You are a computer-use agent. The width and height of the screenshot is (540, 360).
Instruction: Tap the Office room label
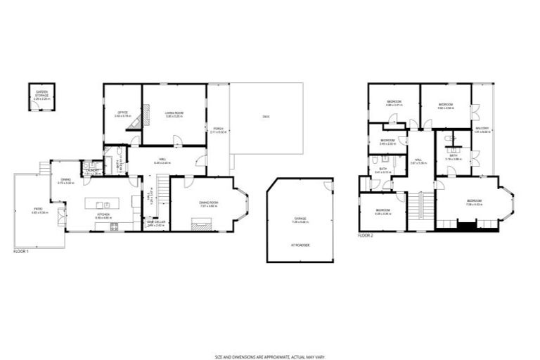tap(122, 112)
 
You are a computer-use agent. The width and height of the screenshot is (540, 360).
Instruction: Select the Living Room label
tap(174, 112)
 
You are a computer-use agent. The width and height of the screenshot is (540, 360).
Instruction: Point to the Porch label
tap(219, 129)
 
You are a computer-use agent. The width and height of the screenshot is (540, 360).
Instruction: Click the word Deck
tap(266, 116)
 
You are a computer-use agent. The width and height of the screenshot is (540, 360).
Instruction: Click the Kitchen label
tap(103, 217)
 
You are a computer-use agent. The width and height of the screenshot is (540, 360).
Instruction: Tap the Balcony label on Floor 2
tap(482, 129)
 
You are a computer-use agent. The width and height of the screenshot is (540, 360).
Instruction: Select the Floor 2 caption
tap(366, 236)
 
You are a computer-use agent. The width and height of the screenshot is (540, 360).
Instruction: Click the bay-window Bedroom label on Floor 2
tap(475, 202)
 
